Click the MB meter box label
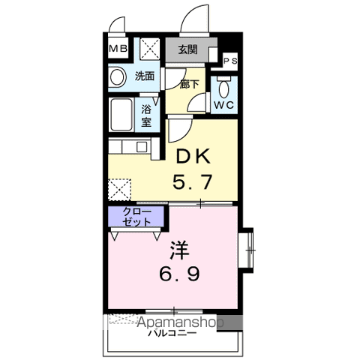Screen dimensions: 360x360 click(x=118, y=49)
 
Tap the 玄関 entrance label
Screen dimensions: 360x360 click(x=187, y=49)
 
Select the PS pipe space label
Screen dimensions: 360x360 click(x=230, y=61)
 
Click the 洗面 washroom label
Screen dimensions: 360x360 click(x=145, y=76)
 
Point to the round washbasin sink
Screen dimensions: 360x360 click(x=117, y=77)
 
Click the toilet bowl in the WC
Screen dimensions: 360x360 click(x=224, y=88)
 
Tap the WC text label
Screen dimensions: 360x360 click(x=223, y=105)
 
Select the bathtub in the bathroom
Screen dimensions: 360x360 click(x=121, y=115)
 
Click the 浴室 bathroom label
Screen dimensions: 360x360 click(x=146, y=115)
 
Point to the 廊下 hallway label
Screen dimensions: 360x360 click(x=189, y=84)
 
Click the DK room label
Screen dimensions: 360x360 click(x=193, y=156)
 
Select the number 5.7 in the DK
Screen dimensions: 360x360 click(x=193, y=181)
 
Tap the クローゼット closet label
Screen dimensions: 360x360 click(x=136, y=217)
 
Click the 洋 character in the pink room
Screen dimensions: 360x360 click(x=180, y=250)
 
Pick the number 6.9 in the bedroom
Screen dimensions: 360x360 click(x=179, y=274)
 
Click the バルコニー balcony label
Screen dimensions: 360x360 click(x=172, y=333)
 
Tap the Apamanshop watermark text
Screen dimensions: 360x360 click(x=180, y=322)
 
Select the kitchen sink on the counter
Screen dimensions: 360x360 click(x=142, y=147)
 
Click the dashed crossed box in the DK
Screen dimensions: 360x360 click(x=120, y=190)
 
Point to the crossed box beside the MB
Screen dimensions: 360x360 click(x=149, y=49)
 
